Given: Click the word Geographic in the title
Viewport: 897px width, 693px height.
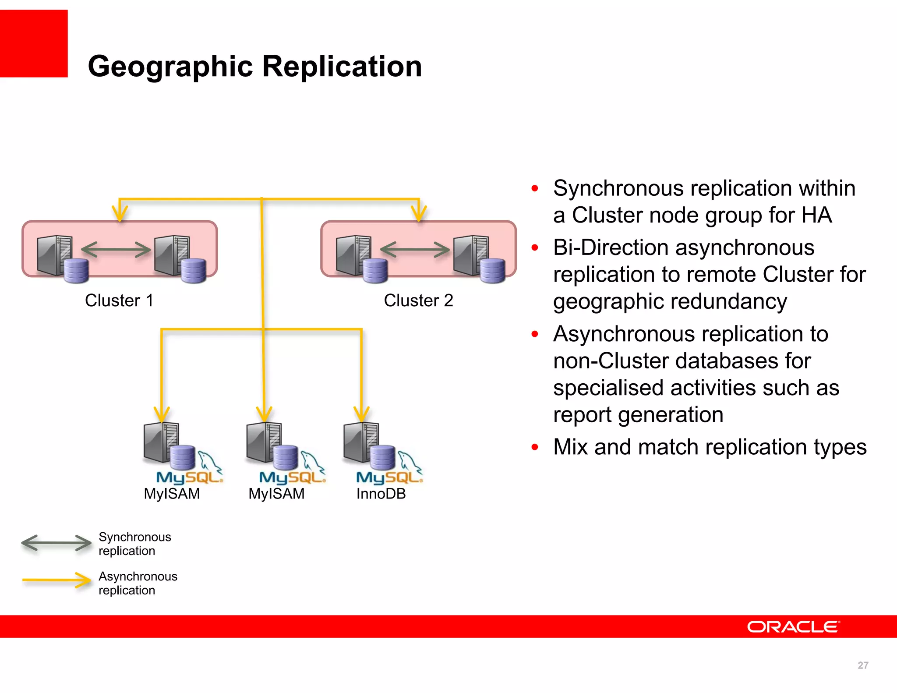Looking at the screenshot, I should coord(170,67).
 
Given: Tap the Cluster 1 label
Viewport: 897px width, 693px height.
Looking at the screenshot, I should coord(119,301).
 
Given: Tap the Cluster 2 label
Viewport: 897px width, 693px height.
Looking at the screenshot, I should coord(418,301).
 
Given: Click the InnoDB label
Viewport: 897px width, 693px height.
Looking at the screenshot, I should coord(381,494).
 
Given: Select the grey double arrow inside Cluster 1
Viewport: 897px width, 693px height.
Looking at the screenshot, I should coord(116,250).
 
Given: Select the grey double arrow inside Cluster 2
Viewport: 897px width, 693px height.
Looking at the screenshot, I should coord(415,250).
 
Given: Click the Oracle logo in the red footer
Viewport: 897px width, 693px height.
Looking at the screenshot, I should coord(793,627).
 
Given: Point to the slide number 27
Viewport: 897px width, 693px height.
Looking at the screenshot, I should coord(862,665).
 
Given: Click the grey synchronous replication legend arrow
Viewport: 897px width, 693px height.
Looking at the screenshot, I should coord(56,543).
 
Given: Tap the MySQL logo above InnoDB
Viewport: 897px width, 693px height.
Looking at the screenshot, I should coord(389,477).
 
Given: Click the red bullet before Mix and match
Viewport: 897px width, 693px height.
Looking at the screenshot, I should coord(534,447).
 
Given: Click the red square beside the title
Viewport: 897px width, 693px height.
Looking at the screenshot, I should coord(34,43).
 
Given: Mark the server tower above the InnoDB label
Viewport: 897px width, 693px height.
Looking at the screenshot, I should coord(360,442).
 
